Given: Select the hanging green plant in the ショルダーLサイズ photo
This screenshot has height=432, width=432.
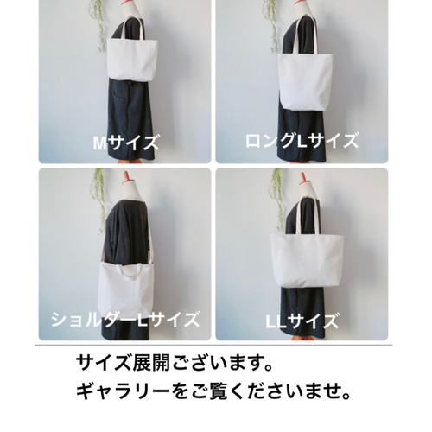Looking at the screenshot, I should [100, 194].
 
